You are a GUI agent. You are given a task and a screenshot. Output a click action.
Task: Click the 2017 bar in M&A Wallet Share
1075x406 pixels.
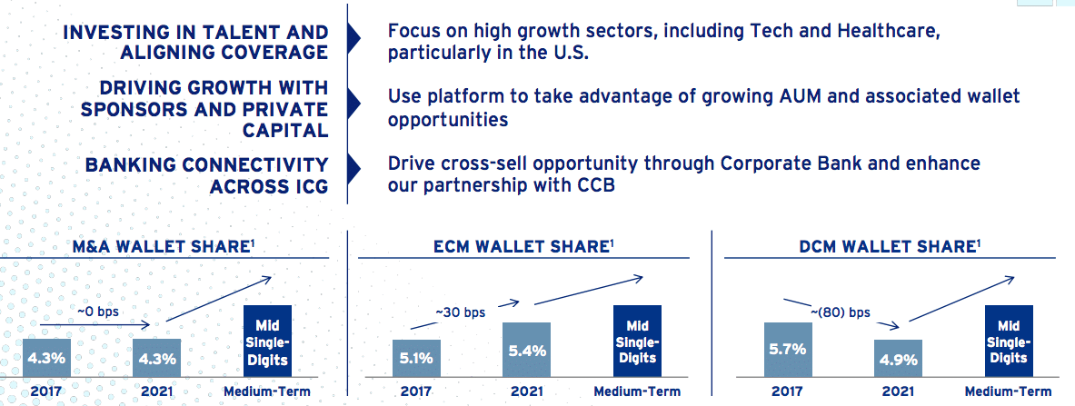pos(46,357)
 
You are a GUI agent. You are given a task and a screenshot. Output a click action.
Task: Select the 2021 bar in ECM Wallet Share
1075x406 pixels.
pos(526,349)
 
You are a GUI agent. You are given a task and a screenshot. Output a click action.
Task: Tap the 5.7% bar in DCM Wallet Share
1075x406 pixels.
pos(788,349)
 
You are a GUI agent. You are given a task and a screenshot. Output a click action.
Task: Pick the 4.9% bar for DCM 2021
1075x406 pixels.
pos(898,357)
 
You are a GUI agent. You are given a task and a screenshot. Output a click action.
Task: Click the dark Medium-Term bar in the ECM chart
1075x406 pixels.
pos(637,341)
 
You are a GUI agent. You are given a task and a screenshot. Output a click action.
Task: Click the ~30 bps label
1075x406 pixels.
pos(460,312)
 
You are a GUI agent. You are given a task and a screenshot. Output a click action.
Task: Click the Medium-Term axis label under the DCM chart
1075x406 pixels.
pos(1008,391)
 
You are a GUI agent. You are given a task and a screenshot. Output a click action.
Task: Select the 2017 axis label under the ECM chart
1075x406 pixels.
pos(416,391)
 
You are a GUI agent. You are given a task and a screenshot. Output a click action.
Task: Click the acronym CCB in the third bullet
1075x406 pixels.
pos(593,186)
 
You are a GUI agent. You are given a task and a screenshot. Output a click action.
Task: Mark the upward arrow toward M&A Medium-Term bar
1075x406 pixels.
pos(220,298)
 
